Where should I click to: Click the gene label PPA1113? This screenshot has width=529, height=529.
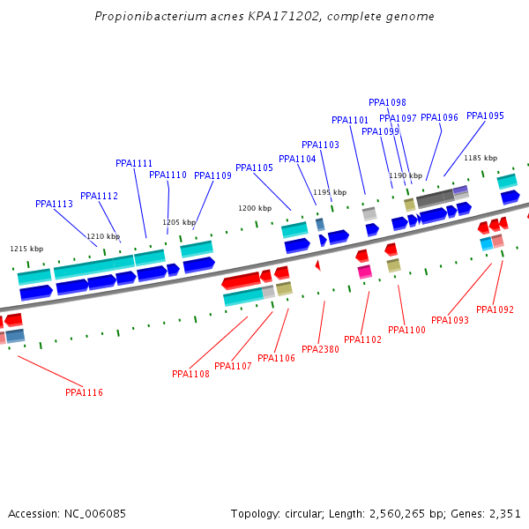coord(54,204)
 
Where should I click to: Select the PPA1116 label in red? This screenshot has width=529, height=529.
coord(84,392)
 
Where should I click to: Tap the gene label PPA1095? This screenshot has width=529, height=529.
coord(485,116)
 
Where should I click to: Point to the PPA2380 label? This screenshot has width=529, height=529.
coord(320,349)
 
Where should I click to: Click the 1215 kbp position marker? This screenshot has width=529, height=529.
coord(26,249)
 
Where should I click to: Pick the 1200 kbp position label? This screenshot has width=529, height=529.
coord(255,208)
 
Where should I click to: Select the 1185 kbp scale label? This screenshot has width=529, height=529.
coord(481,158)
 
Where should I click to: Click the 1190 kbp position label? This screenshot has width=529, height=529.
coord(406,175)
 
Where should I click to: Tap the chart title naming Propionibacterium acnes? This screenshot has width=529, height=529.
coord(264,17)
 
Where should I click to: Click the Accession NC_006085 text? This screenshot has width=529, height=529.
coord(67,513)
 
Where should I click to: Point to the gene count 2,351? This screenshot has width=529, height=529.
coord(504,513)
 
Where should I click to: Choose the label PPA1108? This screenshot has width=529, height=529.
coord(190,374)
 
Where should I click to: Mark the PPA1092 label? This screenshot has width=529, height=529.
coord(495,309)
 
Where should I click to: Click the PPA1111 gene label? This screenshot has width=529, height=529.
coord(134,163)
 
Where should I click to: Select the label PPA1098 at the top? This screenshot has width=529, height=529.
coord(387,102)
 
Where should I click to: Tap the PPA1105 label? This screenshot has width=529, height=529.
coord(254,168)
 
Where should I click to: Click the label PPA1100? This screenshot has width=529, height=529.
coord(406,330)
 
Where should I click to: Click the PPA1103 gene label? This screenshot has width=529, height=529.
coord(320,145)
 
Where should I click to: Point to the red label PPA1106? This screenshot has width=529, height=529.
coord(276,358)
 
